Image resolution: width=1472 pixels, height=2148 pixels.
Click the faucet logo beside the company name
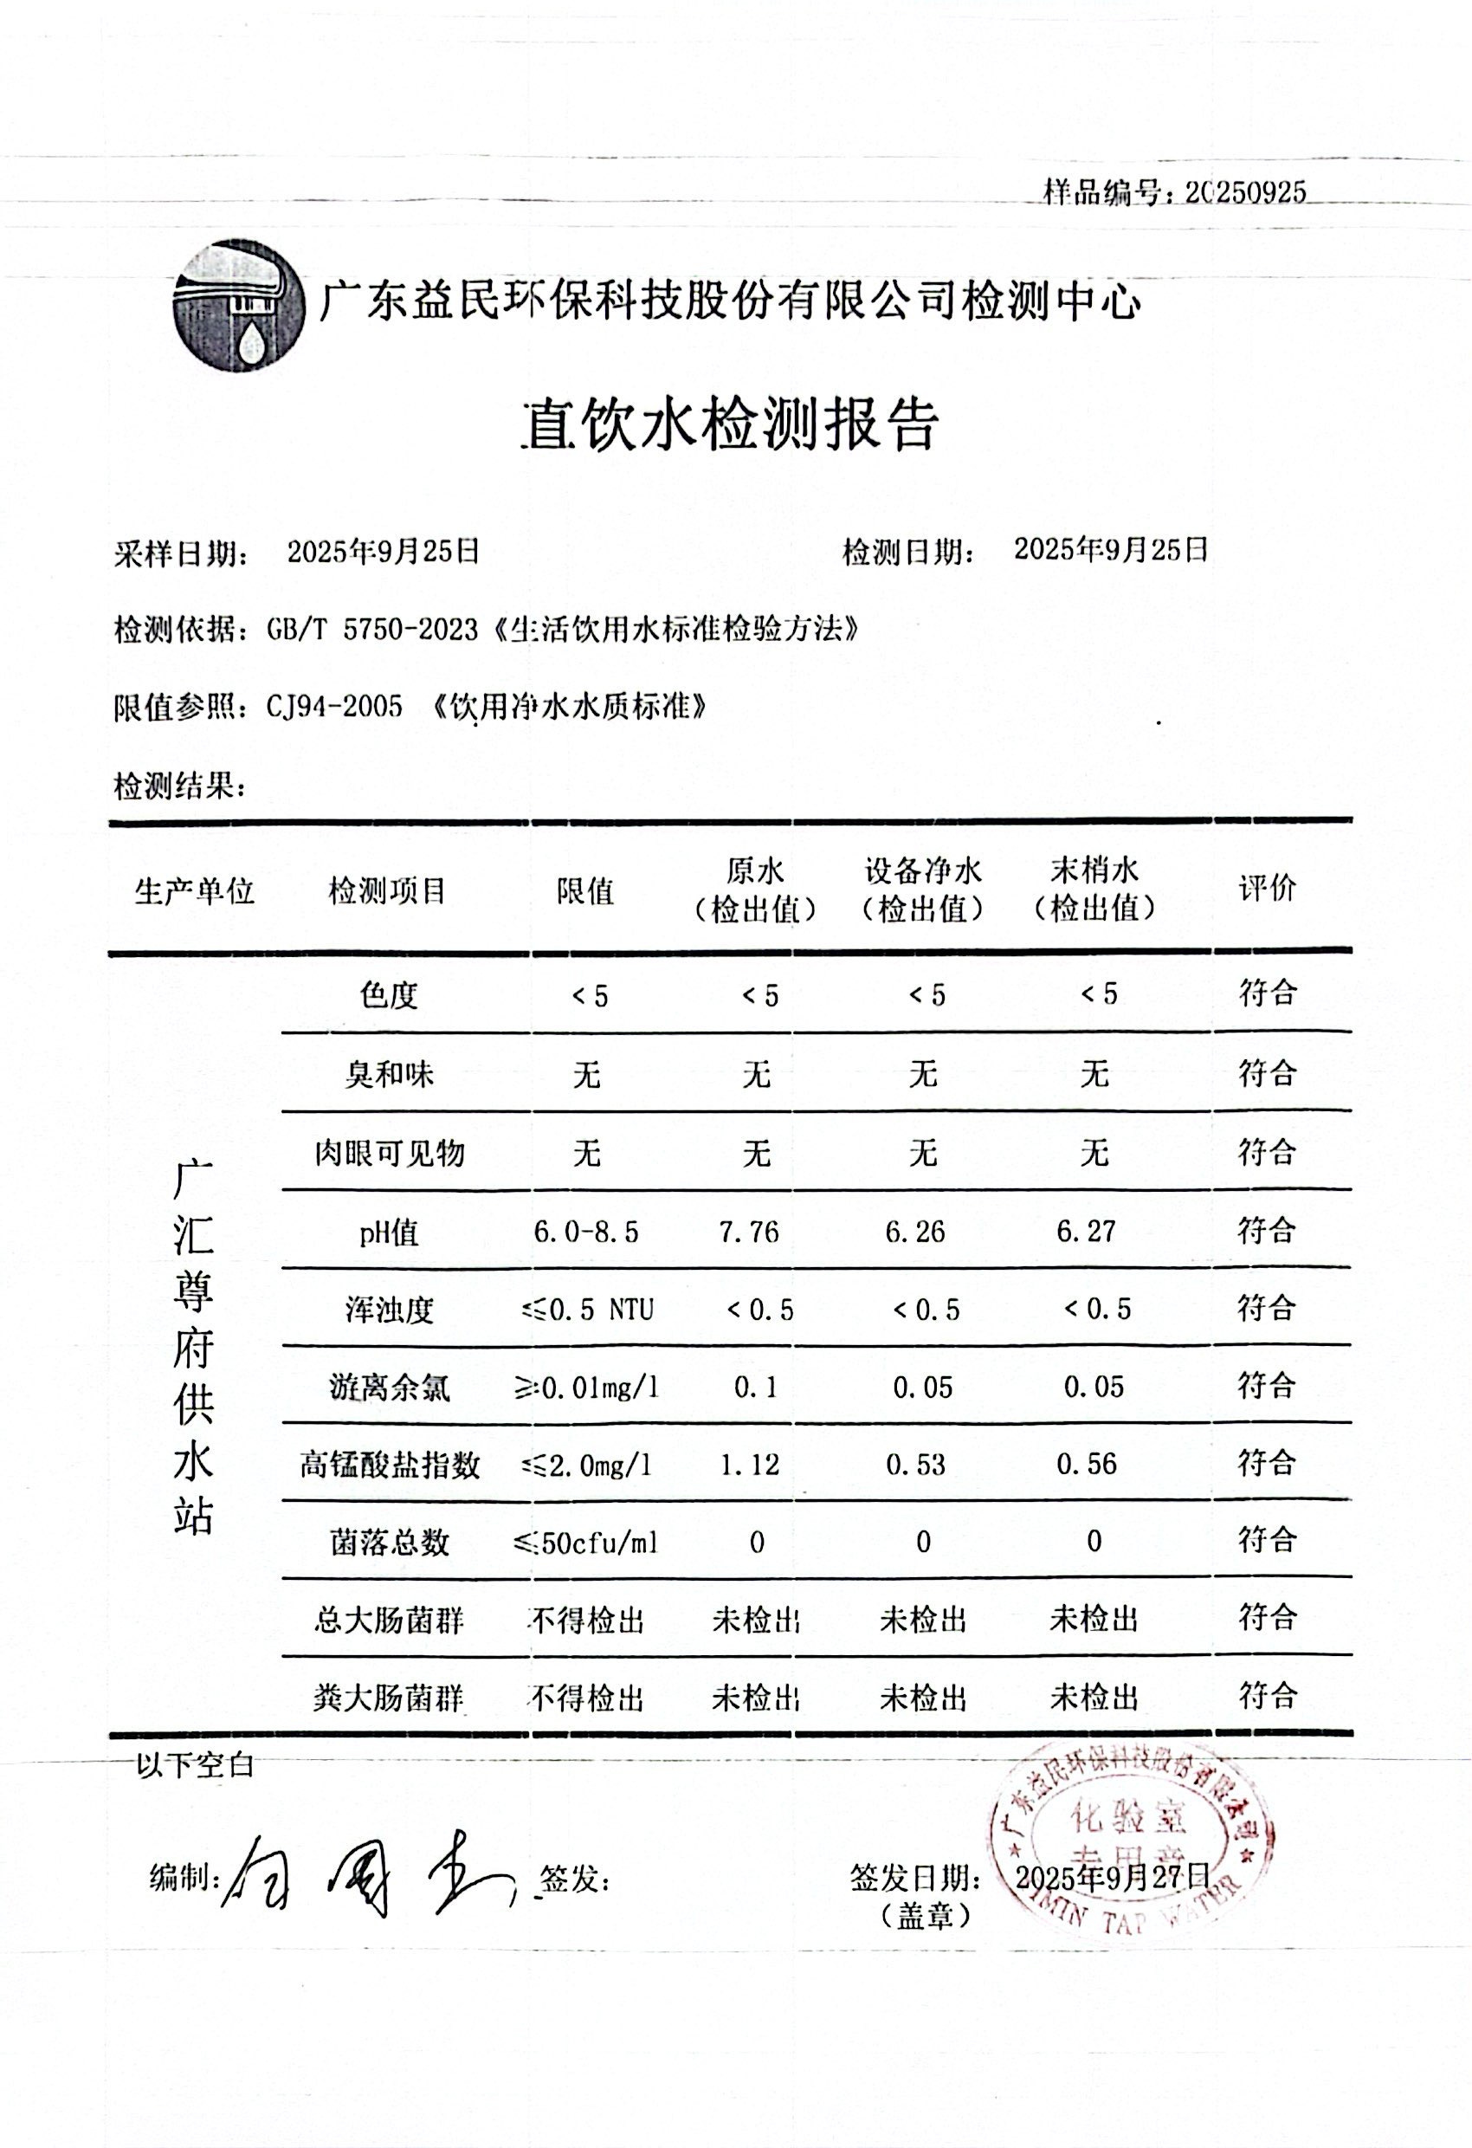click(238, 306)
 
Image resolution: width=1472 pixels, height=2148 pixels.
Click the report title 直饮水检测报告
click(731, 425)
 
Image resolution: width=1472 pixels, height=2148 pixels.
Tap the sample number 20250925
click(1246, 192)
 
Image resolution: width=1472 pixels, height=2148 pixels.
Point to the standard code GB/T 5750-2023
click(372, 631)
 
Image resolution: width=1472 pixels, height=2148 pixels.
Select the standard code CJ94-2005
click(334, 708)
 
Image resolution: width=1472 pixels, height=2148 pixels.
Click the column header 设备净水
click(923, 870)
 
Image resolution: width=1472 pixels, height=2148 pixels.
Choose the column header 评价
click(1267, 890)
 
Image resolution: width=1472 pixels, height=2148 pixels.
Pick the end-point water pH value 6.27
click(1087, 1231)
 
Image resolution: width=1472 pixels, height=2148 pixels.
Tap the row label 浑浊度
click(389, 1310)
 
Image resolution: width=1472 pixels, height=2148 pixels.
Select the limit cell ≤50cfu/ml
click(586, 1543)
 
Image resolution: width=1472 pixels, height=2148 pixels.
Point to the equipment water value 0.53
click(916, 1465)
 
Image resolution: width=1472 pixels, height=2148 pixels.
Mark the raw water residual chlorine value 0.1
click(755, 1388)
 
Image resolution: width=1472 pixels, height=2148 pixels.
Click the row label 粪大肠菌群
click(388, 1698)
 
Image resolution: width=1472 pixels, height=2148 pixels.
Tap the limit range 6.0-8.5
click(586, 1232)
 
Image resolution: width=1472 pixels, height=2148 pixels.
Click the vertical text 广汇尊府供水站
click(193, 1346)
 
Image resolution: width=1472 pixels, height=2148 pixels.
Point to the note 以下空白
click(194, 1765)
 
